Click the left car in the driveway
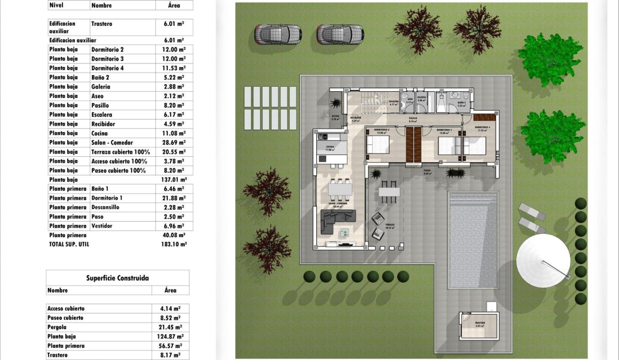(x=278, y=35)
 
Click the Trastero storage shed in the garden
(x=479, y=325)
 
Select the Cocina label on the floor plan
(x=330, y=147)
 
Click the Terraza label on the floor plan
(x=389, y=225)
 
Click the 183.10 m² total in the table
(x=174, y=244)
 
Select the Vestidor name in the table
(x=102, y=226)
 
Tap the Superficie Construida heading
(x=118, y=278)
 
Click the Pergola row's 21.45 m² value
(x=170, y=327)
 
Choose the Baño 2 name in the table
(x=100, y=77)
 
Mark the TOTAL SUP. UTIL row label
(x=69, y=244)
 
